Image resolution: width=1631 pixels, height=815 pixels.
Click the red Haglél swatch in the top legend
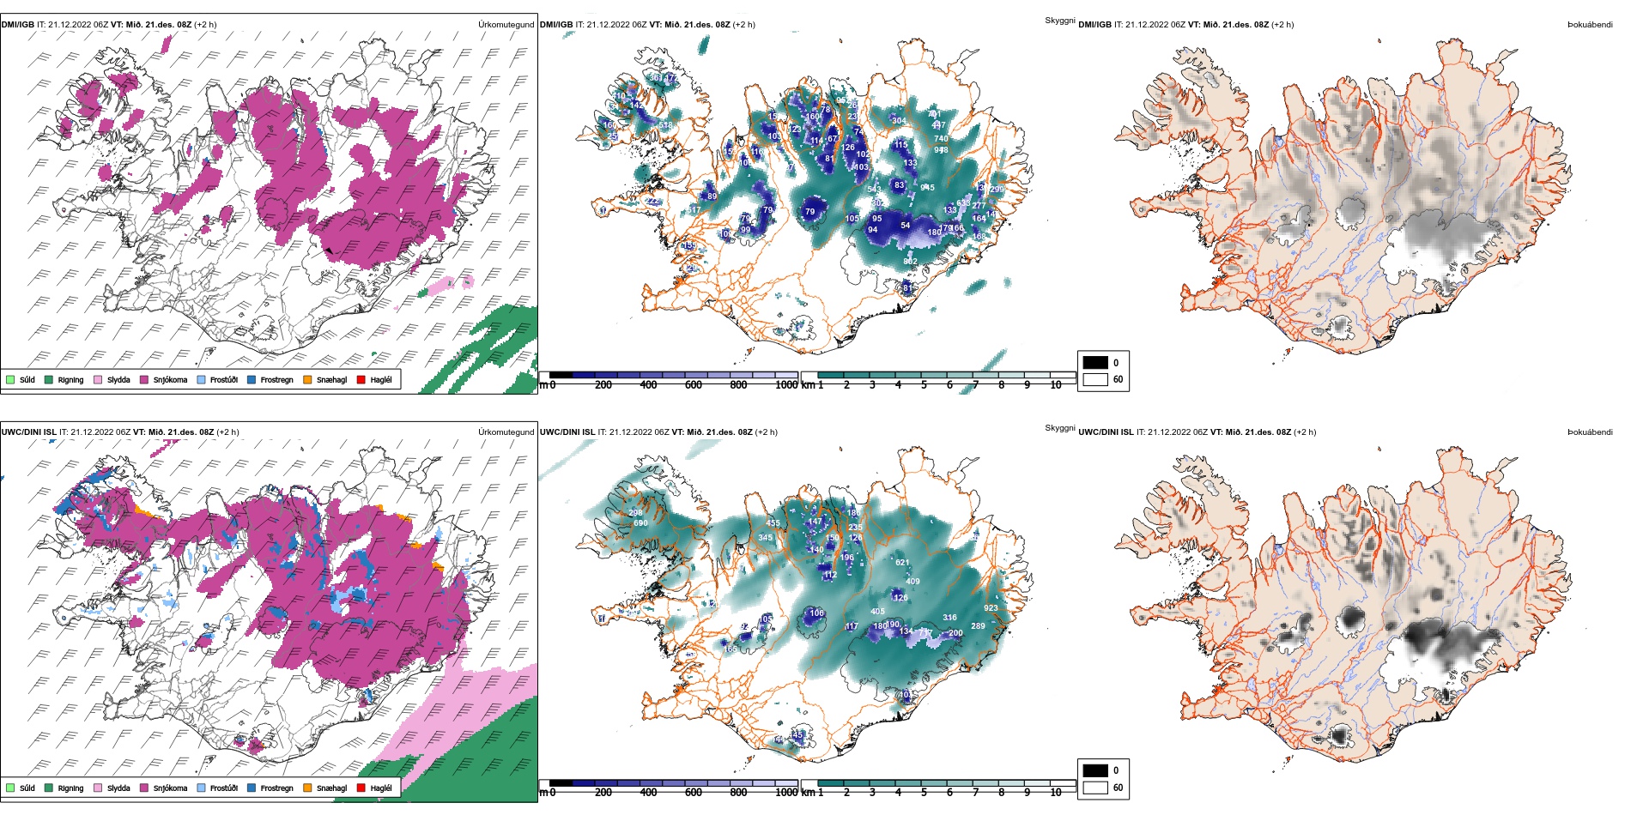point(361,379)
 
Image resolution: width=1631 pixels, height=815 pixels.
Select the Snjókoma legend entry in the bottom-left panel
point(162,788)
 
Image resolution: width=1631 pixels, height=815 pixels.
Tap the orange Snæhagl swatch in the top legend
point(307,379)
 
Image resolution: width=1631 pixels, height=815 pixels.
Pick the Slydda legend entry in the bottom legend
point(112,788)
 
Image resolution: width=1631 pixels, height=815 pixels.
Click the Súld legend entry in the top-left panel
point(20,379)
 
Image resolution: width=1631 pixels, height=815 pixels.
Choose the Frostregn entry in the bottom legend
point(270,788)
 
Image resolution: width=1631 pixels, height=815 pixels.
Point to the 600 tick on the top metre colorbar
point(694,385)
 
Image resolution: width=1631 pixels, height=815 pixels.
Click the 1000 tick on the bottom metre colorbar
point(786,793)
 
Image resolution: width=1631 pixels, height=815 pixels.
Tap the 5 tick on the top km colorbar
point(924,385)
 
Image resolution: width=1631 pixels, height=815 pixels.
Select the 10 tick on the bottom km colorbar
point(1056,793)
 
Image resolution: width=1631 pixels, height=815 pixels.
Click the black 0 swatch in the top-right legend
point(1095,362)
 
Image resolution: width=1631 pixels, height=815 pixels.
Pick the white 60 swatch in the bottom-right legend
point(1095,787)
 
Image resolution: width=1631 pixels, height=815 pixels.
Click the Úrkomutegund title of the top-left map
point(506,25)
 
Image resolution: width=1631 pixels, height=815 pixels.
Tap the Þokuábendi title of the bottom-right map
point(1590,432)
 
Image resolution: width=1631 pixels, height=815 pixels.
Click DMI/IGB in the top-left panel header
point(18,25)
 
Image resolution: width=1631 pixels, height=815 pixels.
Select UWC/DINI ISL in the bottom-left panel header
point(28,432)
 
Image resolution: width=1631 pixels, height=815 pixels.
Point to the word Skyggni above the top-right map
point(1059,21)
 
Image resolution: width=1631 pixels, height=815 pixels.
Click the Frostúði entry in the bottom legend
point(216,788)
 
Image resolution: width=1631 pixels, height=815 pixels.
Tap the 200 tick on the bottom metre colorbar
point(603,793)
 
